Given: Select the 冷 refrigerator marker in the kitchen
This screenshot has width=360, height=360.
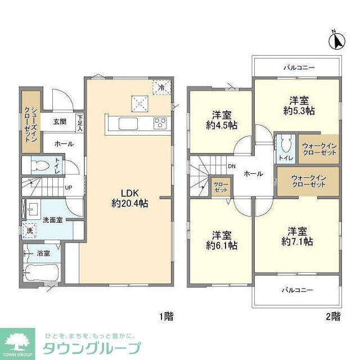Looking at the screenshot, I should click(x=161, y=88).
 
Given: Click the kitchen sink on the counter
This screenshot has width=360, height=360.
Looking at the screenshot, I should click(x=127, y=124).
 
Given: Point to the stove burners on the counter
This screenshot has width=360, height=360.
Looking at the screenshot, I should click(x=160, y=124).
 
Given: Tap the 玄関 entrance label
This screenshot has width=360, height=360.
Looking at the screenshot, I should click(x=60, y=121).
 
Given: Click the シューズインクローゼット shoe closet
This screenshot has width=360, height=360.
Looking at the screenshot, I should click(x=31, y=118).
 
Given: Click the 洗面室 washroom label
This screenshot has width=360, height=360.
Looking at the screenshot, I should click(x=54, y=219).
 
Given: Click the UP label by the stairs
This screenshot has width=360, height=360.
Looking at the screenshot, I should click(x=68, y=187).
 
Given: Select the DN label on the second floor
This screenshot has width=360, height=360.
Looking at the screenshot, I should click(x=232, y=166).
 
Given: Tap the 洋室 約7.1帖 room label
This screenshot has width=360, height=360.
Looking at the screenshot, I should click(x=298, y=236).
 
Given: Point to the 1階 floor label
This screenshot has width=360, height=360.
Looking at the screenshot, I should click(x=166, y=317).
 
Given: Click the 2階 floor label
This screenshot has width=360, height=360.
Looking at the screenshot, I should click(x=332, y=317).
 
